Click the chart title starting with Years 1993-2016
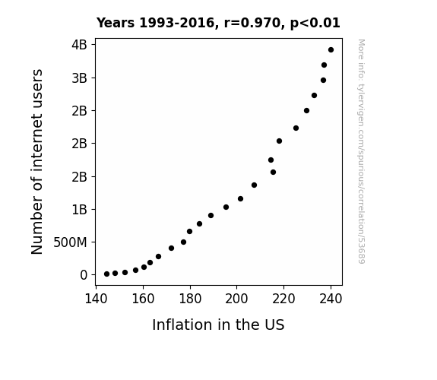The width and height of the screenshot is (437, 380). click(218, 23)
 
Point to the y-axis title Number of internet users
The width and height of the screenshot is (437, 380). click(36, 162)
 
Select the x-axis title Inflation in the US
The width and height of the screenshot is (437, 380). click(218, 325)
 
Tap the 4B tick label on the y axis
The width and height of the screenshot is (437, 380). click(80, 45)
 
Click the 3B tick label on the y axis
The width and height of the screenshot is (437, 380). click(80, 78)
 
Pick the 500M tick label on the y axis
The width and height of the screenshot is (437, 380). click(70, 242)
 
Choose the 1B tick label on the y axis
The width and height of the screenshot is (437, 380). click(80, 209)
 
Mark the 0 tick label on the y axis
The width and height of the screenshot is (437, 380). click(84, 275)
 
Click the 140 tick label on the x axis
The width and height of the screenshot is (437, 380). click(97, 299)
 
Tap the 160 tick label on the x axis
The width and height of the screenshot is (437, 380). click(143, 299)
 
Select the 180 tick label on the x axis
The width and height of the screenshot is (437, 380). click(190, 299)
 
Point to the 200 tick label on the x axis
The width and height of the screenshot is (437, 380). click(236, 299)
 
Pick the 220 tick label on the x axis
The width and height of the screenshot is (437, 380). click(283, 299)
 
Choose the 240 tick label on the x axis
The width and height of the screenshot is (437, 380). click(331, 299)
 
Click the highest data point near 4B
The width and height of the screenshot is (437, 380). click(331, 50)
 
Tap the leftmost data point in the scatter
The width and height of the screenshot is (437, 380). click(106, 274)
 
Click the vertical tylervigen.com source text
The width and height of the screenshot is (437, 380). click(362, 151)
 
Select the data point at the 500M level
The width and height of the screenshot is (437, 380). click(183, 242)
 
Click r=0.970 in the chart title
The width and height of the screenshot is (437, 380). click(252, 23)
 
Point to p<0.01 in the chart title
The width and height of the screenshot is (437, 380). click(315, 24)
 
